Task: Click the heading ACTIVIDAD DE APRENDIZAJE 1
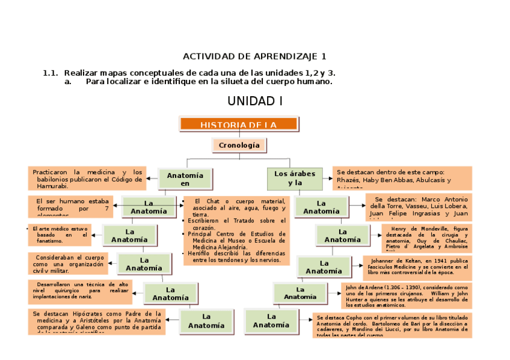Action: (254, 56)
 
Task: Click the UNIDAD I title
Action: (254, 101)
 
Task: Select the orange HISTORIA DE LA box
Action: (239, 124)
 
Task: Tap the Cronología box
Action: (239, 145)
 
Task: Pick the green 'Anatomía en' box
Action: (185, 179)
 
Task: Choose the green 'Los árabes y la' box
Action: (295, 178)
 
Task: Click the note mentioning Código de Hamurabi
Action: (87, 178)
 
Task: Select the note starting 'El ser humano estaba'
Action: (69, 205)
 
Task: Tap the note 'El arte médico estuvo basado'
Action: (59, 234)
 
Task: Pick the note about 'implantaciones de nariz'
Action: (80, 291)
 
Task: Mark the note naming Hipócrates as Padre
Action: (97, 322)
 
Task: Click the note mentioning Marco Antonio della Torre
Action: (419, 206)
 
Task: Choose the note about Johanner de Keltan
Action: (417, 267)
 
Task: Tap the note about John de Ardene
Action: (406, 294)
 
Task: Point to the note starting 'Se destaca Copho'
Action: (392, 325)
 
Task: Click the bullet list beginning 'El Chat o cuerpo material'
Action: (234, 230)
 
